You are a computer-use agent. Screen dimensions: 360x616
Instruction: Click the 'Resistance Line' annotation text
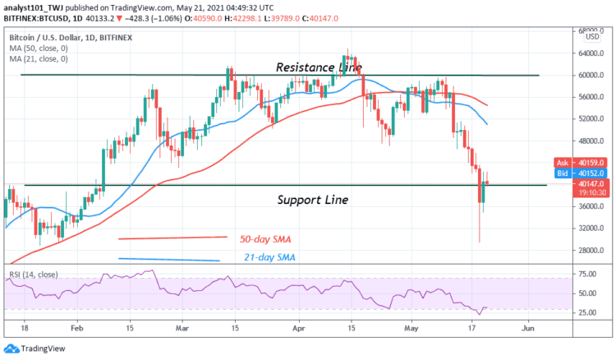[319, 67]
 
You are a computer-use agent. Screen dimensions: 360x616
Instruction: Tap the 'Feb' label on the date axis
[77, 325]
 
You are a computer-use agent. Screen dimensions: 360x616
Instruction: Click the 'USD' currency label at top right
[591, 37]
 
